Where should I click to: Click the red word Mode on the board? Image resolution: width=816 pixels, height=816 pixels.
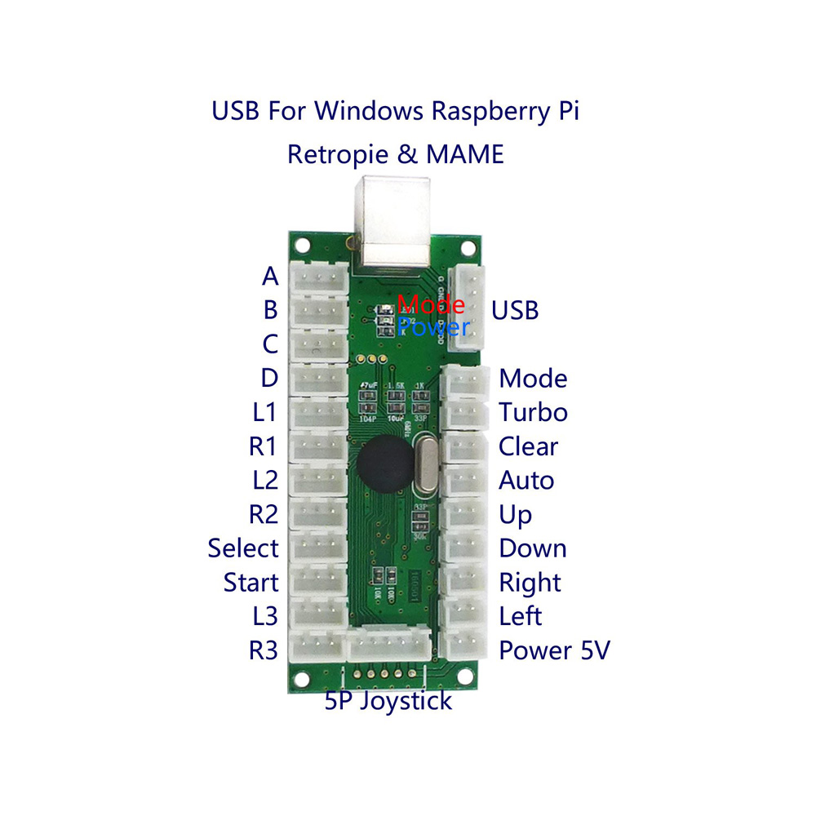[432, 305]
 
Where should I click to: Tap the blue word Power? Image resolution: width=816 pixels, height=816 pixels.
[433, 327]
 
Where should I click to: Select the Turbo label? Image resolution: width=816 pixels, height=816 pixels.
[533, 412]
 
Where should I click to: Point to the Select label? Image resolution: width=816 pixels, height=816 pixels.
[243, 548]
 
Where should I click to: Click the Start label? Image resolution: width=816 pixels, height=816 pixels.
[251, 582]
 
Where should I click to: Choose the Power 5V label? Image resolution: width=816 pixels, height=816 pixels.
[554, 650]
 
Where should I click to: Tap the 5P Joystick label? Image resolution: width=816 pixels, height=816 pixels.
[388, 700]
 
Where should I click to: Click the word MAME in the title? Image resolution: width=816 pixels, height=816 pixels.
[462, 153]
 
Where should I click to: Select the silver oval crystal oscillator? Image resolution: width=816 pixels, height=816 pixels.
[424, 467]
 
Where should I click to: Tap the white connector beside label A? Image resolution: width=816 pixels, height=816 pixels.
[319, 277]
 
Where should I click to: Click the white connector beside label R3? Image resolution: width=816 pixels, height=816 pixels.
[319, 650]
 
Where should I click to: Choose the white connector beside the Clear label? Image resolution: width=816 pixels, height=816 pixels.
[465, 446]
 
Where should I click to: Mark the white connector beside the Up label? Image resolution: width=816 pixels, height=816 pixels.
[465, 514]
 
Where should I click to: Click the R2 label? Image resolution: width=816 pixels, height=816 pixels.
[264, 514]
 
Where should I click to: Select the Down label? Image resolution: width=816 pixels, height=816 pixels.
[532, 548]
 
